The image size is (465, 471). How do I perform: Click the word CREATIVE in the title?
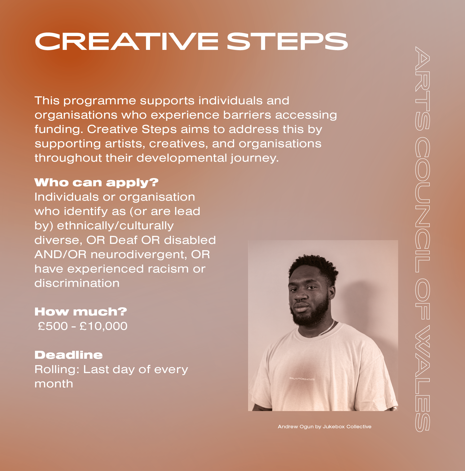pyautogui.click(x=126, y=41)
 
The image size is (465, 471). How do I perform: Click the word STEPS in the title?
pyautogui.click(x=287, y=41)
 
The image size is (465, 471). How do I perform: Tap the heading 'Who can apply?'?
pyautogui.click(x=96, y=183)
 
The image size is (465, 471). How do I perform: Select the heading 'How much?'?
pyautogui.click(x=81, y=312)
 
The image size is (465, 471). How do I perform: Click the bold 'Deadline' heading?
pyautogui.click(x=69, y=355)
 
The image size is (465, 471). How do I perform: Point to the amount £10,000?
pyautogui.click(x=104, y=326)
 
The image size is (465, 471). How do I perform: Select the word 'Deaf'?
pyautogui.click(x=123, y=240)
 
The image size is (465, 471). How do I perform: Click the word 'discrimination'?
pyautogui.click(x=77, y=283)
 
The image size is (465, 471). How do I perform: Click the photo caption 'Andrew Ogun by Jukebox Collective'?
pyautogui.click(x=324, y=427)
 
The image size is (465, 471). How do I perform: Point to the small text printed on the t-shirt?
pyautogui.click(x=302, y=379)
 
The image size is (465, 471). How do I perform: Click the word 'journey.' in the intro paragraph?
pyautogui.click(x=255, y=158)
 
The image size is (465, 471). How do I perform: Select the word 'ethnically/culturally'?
pyautogui.click(x=115, y=226)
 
